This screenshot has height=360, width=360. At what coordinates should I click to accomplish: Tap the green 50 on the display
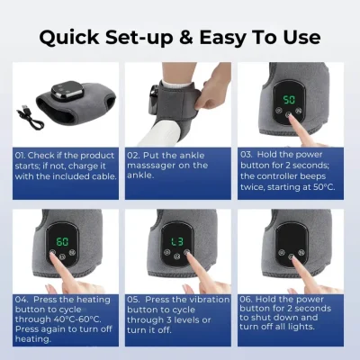point(289,100)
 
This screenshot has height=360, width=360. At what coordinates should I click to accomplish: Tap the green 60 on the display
point(62,241)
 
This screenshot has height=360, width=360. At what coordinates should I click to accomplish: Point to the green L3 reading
point(177,242)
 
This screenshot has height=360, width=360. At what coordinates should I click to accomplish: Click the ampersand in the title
point(186,38)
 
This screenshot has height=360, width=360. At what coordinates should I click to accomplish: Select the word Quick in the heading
point(69,38)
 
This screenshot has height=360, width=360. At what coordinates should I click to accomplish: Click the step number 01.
point(20,156)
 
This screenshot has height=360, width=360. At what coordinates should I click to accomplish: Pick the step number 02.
point(132,156)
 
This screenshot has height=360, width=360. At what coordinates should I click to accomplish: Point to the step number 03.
point(247,155)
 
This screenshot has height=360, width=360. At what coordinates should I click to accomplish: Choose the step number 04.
point(21,300)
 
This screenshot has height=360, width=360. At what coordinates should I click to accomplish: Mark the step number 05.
point(132,300)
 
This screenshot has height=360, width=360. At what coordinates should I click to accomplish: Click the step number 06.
point(246,299)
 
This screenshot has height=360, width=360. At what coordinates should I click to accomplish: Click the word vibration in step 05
point(209,300)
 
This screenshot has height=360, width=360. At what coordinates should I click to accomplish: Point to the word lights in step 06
point(301,327)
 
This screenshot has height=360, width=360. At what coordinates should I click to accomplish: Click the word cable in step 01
point(104,176)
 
